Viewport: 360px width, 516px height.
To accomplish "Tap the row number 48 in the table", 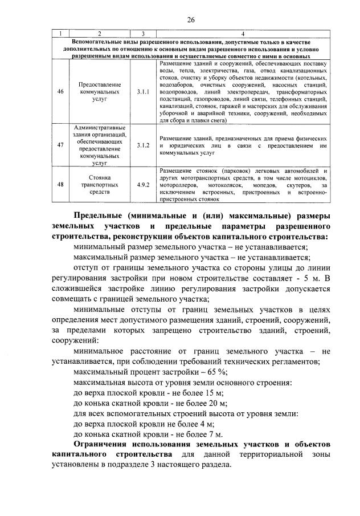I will click(60, 185).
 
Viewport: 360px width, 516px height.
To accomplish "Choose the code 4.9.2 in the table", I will click(143, 185).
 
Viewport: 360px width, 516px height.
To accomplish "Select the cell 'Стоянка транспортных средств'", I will click(99, 185).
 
